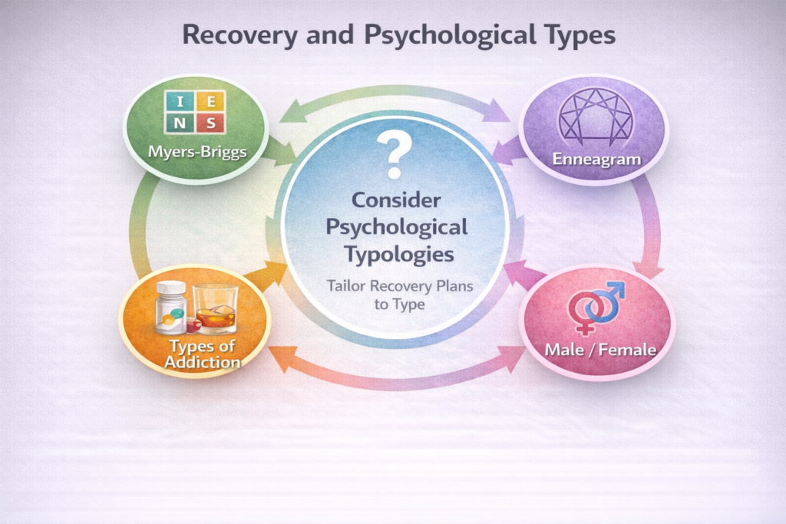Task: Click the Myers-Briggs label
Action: pyautogui.click(x=197, y=151)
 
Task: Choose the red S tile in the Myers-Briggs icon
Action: pyautogui.click(x=213, y=123)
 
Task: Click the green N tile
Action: pyautogui.click(x=179, y=123)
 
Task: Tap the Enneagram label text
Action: pyautogui.click(x=593, y=158)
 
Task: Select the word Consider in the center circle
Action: pyautogui.click(x=396, y=201)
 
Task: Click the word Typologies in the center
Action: pyautogui.click(x=396, y=254)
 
